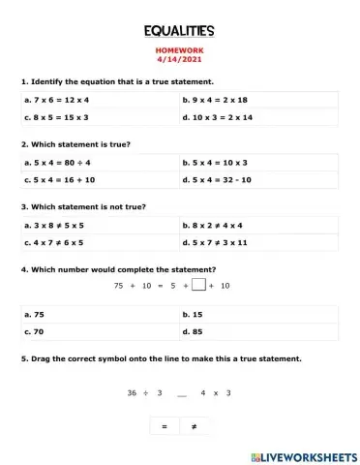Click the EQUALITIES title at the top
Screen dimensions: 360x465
(x=179, y=32)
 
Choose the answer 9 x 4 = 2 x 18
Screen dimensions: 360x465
(x=220, y=100)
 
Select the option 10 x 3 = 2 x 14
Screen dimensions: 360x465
(x=222, y=117)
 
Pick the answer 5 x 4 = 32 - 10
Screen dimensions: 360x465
(x=222, y=180)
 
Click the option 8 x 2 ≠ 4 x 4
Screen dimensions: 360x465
(x=220, y=226)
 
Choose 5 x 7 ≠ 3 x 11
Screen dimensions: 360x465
(x=222, y=243)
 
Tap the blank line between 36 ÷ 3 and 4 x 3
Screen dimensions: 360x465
(x=181, y=394)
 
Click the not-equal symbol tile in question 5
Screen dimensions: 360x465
(x=195, y=426)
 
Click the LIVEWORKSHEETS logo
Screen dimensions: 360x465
(x=303, y=454)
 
